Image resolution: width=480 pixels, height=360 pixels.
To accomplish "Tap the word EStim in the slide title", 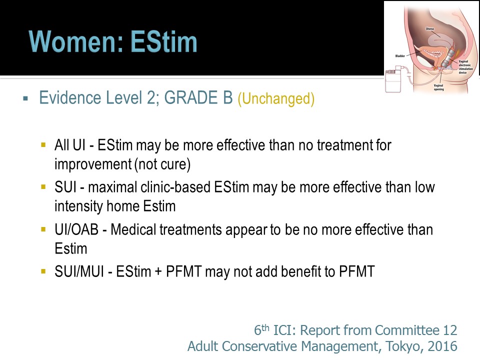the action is pyautogui.click(x=164, y=41).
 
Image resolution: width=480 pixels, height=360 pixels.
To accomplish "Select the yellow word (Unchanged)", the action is pyautogui.click(x=276, y=98).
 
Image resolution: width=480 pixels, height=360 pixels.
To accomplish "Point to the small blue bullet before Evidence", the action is pyautogui.click(x=25, y=98).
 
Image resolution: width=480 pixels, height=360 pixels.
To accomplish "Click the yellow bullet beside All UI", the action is pyautogui.click(x=43, y=144).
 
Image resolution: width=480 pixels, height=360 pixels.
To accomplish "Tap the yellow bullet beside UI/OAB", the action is pyautogui.click(x=43, y=229).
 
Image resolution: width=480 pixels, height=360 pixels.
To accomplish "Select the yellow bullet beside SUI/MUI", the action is pyautogui.click(x=43, y=271).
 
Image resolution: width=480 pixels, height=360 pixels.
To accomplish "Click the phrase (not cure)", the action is pyautogui.click(x=162, y=164).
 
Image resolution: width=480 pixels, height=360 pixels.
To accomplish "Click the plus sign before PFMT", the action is pyautogui.click(x=158, y=271).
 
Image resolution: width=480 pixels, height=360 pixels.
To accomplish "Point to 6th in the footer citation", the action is pyautogui.click(x=261, y=330).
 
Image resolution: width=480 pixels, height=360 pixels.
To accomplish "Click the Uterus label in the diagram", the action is pyautogui.click(x=430, y=29).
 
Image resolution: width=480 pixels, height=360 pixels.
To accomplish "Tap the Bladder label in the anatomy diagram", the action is pyautogui.click(x=400, y=56).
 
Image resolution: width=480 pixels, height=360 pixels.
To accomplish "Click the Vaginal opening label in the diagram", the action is pyautogui.click(x=438, y=87).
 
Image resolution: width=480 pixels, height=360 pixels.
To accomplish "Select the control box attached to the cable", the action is pyautogui.click(x=393, y=81).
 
